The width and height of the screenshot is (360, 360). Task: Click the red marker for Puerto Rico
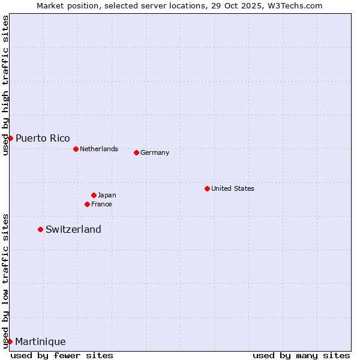click(10, 138)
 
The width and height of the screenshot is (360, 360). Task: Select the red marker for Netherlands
click(76, 149)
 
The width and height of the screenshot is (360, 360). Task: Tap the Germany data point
click(136, 152)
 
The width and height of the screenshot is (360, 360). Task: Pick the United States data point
click(207, 188)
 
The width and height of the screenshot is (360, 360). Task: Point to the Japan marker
click(94, 195)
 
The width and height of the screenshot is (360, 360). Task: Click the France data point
click(87, 204)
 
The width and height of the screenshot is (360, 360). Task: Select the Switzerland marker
click(40, 229)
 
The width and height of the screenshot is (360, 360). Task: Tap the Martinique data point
click(10, 341)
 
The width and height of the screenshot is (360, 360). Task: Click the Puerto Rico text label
click(43, 138)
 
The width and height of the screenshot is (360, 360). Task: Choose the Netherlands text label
click(99, 149)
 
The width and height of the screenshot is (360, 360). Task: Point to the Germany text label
click(155, 152)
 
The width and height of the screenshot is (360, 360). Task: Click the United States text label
click(233, 188)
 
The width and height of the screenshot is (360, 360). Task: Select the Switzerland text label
click(73, 229)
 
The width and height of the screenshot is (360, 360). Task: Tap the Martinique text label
click(40, 341)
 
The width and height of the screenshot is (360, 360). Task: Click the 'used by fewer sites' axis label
click(62, 355)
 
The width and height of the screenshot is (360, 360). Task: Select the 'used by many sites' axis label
click(301, 355)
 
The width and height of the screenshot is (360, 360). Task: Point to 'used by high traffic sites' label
click(5, 86)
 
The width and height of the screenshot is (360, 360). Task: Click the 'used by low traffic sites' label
click(5, 280)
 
